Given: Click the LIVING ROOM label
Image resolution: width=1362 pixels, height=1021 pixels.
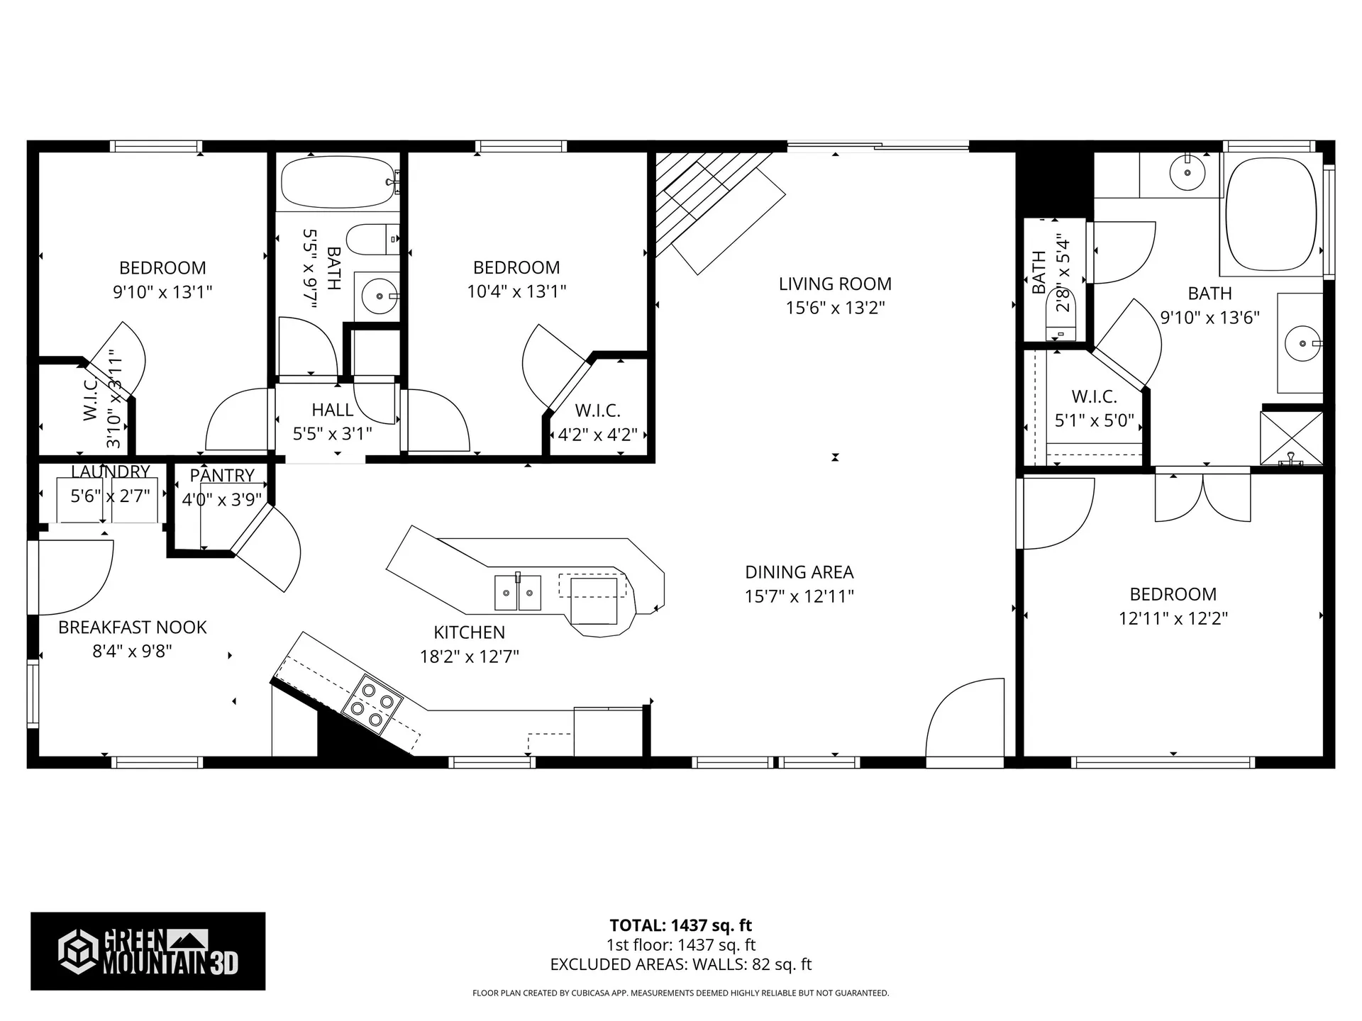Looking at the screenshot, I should (835, 284).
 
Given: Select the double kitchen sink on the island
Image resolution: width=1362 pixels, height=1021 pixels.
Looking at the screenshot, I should (517, 592).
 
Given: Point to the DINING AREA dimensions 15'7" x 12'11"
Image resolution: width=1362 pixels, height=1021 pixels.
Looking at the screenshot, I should (799, 596).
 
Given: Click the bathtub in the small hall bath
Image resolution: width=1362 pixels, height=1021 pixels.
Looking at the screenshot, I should (338, 182).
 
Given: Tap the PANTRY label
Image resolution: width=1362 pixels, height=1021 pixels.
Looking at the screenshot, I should (222, 475).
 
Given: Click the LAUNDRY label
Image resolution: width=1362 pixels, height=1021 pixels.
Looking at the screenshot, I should (110, 472).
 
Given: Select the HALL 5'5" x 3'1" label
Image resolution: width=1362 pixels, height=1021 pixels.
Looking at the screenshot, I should (332, 421).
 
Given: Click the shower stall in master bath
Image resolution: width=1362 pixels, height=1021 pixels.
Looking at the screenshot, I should (1291, 438).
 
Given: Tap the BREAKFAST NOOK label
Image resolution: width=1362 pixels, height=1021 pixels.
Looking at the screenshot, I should (133, 627).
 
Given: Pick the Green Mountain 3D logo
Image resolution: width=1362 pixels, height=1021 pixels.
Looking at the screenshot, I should (148, 951).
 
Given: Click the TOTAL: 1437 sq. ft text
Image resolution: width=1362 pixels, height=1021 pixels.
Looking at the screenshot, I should (680, 925).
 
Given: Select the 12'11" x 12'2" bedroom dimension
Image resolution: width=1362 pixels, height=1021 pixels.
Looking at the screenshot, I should (1173, 618).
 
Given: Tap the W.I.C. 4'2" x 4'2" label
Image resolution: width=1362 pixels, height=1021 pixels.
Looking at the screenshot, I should (597, 423).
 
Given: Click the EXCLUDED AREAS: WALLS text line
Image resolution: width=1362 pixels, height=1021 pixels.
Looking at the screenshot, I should (680, 964).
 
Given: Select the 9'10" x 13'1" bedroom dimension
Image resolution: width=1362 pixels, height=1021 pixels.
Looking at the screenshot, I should (162, 291).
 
